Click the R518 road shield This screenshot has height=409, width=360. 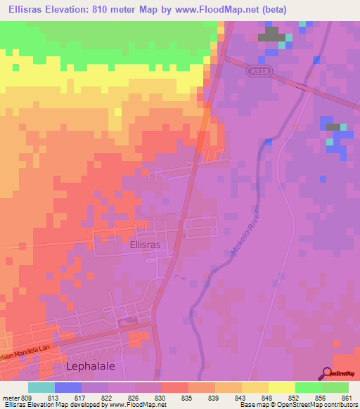tap(258, 72)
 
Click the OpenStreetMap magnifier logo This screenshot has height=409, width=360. tap(328, 373)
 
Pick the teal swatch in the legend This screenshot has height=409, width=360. tap(41, 387)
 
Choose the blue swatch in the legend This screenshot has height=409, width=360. tap(68, 387)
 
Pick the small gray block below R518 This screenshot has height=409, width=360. tap(333, 126)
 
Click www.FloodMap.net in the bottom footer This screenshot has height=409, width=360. tap(138, 405)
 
